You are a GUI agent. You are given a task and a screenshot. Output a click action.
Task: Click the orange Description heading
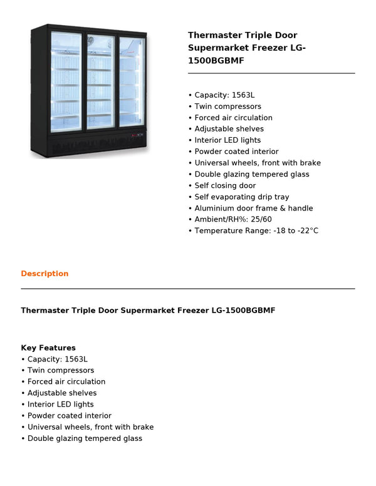44,274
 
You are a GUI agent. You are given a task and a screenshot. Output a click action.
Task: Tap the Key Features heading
48,348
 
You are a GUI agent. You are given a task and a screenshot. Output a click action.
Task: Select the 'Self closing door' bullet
224,185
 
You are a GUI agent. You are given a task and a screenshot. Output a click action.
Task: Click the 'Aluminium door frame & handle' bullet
253,208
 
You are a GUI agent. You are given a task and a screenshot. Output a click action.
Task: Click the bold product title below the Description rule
148,310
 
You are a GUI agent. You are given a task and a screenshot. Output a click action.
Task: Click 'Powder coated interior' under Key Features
69,415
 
